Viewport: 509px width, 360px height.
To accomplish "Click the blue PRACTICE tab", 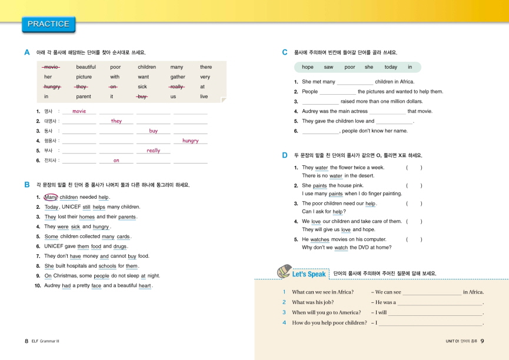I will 48,24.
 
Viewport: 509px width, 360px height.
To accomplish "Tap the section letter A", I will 27,52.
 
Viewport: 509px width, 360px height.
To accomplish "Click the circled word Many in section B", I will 51,197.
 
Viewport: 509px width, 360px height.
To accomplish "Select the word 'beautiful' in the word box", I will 86,67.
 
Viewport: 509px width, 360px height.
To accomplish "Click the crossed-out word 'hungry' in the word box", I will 52,86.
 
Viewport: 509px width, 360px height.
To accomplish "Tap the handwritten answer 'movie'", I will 79,111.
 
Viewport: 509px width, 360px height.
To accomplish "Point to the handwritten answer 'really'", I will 153,151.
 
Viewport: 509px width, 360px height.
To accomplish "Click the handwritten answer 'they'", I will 117,121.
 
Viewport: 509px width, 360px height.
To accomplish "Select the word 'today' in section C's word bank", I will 391,67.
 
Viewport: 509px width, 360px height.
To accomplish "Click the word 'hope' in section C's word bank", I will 307,67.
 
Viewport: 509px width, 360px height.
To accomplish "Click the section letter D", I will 285,155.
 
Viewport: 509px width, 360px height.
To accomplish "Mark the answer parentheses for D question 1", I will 414,168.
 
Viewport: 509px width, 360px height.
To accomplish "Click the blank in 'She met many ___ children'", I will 355,82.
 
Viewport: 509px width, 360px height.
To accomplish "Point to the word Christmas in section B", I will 69,276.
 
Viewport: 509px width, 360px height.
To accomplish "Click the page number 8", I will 26,341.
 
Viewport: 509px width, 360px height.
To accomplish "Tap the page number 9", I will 482,341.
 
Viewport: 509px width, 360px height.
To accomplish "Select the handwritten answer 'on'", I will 117,161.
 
